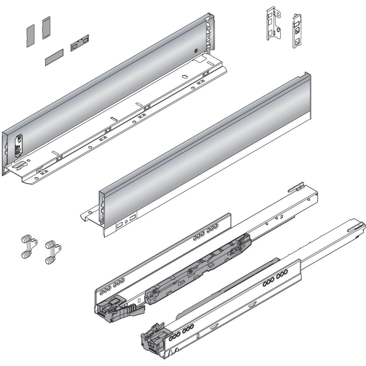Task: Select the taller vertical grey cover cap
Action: [x=46, y=27]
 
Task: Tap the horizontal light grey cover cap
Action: [x=54, y=57]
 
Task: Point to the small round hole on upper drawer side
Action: [x=196, y=52]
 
